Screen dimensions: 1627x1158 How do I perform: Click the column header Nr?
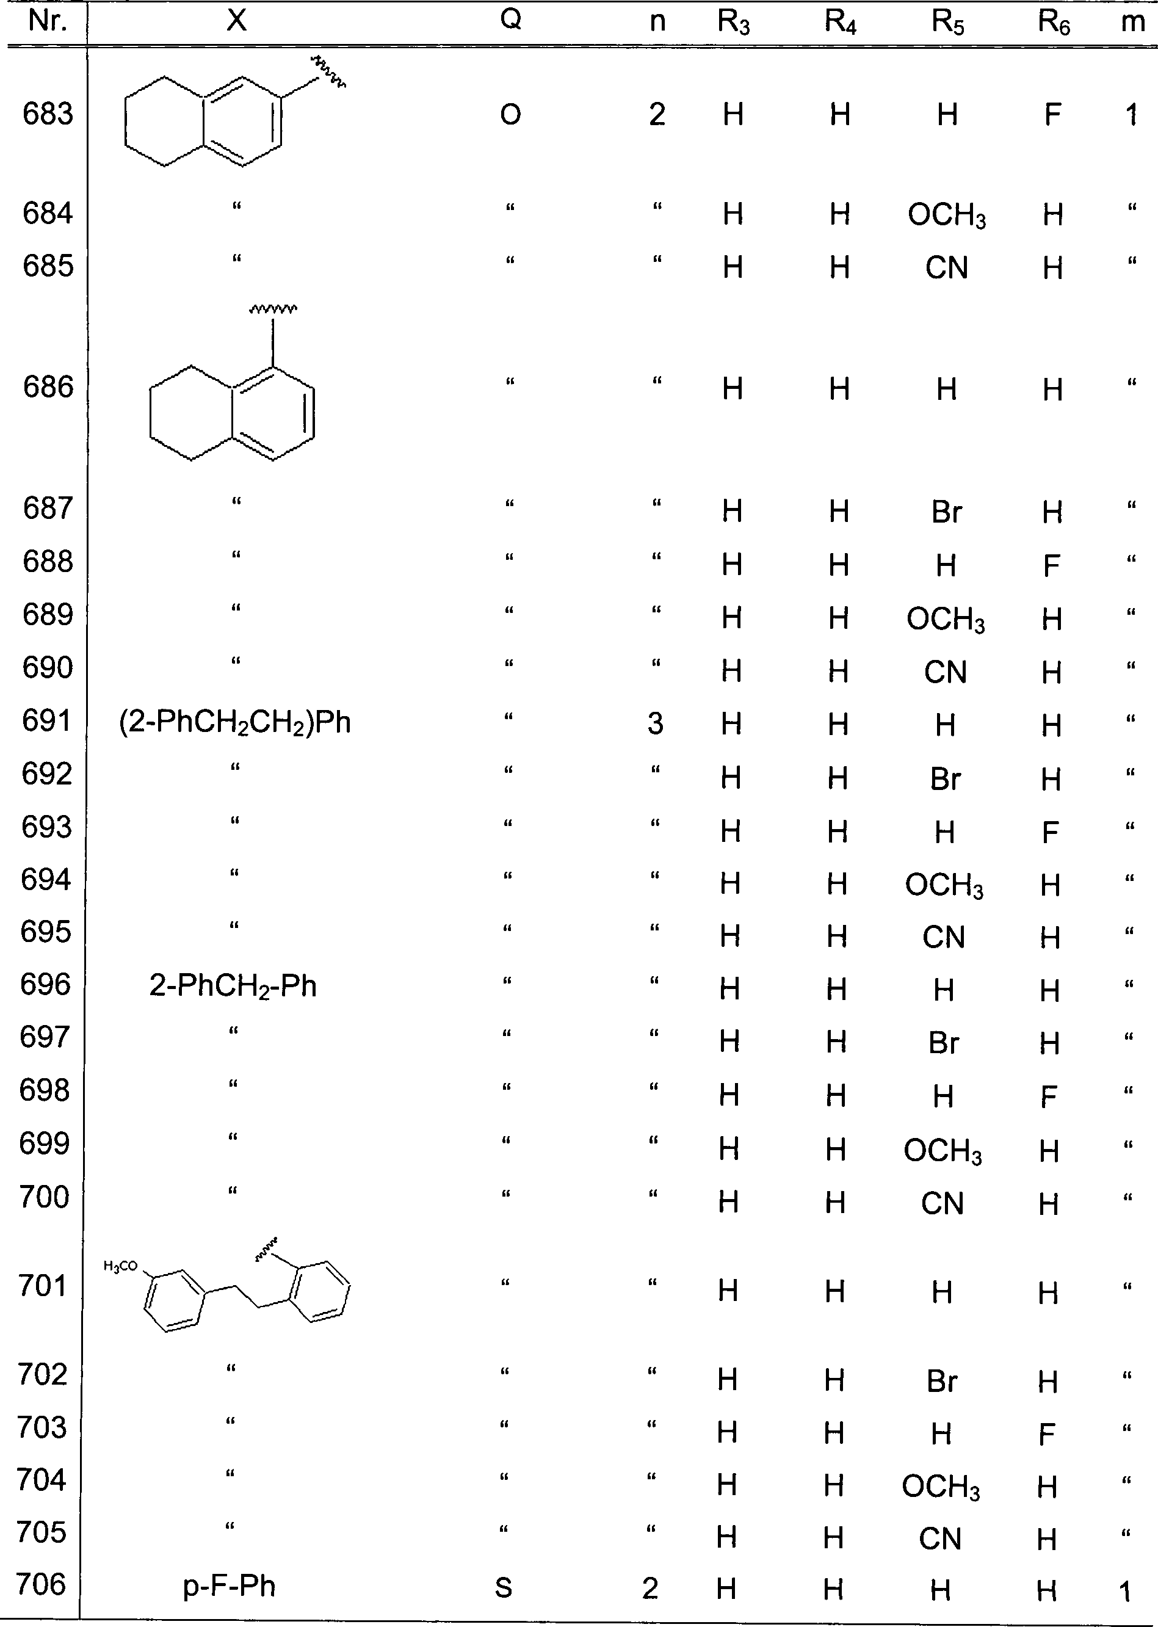click(x=48, y=21)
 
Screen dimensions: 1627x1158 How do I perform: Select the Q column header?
click(x=510, y=20)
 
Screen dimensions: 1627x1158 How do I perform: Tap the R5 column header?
click(x=947, y=23)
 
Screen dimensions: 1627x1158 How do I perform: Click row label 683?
click(x=48, y=114)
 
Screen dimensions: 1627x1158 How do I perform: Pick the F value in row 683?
click(x=1052, y=115)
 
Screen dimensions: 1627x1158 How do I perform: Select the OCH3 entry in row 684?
click(x=947, y=216)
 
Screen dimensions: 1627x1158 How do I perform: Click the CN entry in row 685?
click(x=947, y=268)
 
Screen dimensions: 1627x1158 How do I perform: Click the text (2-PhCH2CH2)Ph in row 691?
click(x=235, y=723)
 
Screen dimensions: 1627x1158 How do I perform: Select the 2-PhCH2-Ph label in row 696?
click(x=233, y=987)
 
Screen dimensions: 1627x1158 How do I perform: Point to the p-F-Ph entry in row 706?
click(x=230, y=1585)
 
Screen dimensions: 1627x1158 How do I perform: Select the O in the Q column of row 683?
click(x=510, y=115)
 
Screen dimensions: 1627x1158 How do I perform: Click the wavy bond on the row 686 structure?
click(x=273, y=310)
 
